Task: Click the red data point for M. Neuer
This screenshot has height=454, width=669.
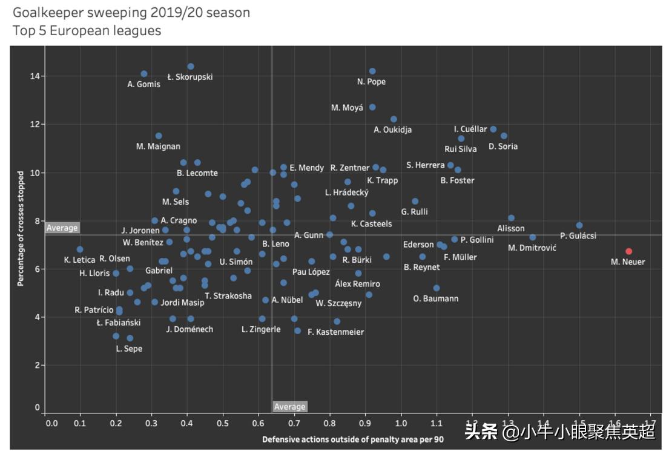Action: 629,251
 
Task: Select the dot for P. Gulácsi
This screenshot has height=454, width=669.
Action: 579,225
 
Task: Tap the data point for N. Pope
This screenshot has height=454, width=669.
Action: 372,71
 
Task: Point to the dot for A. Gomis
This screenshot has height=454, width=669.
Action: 144,74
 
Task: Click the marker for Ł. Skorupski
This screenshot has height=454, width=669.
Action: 191,67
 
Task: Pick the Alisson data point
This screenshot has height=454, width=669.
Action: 511,218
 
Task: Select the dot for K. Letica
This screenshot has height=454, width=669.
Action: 80,249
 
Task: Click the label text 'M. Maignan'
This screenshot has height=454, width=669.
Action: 158,146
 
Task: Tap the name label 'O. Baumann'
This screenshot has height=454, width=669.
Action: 435,298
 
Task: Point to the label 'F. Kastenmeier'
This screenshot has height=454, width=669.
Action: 336,332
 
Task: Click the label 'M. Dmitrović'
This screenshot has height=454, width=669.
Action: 532,248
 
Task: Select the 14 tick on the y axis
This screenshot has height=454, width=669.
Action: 36,76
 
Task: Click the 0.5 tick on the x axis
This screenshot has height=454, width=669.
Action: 223,423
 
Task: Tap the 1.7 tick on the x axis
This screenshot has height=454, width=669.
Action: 651,423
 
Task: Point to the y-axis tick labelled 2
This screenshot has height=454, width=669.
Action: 38,365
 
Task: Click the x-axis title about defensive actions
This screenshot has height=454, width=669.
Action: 353,439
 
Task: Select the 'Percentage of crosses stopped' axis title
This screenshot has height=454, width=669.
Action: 21,229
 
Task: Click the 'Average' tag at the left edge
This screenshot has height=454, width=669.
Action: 62,228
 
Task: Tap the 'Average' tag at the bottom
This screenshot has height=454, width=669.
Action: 290,406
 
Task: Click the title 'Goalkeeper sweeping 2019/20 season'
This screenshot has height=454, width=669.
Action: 131,13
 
